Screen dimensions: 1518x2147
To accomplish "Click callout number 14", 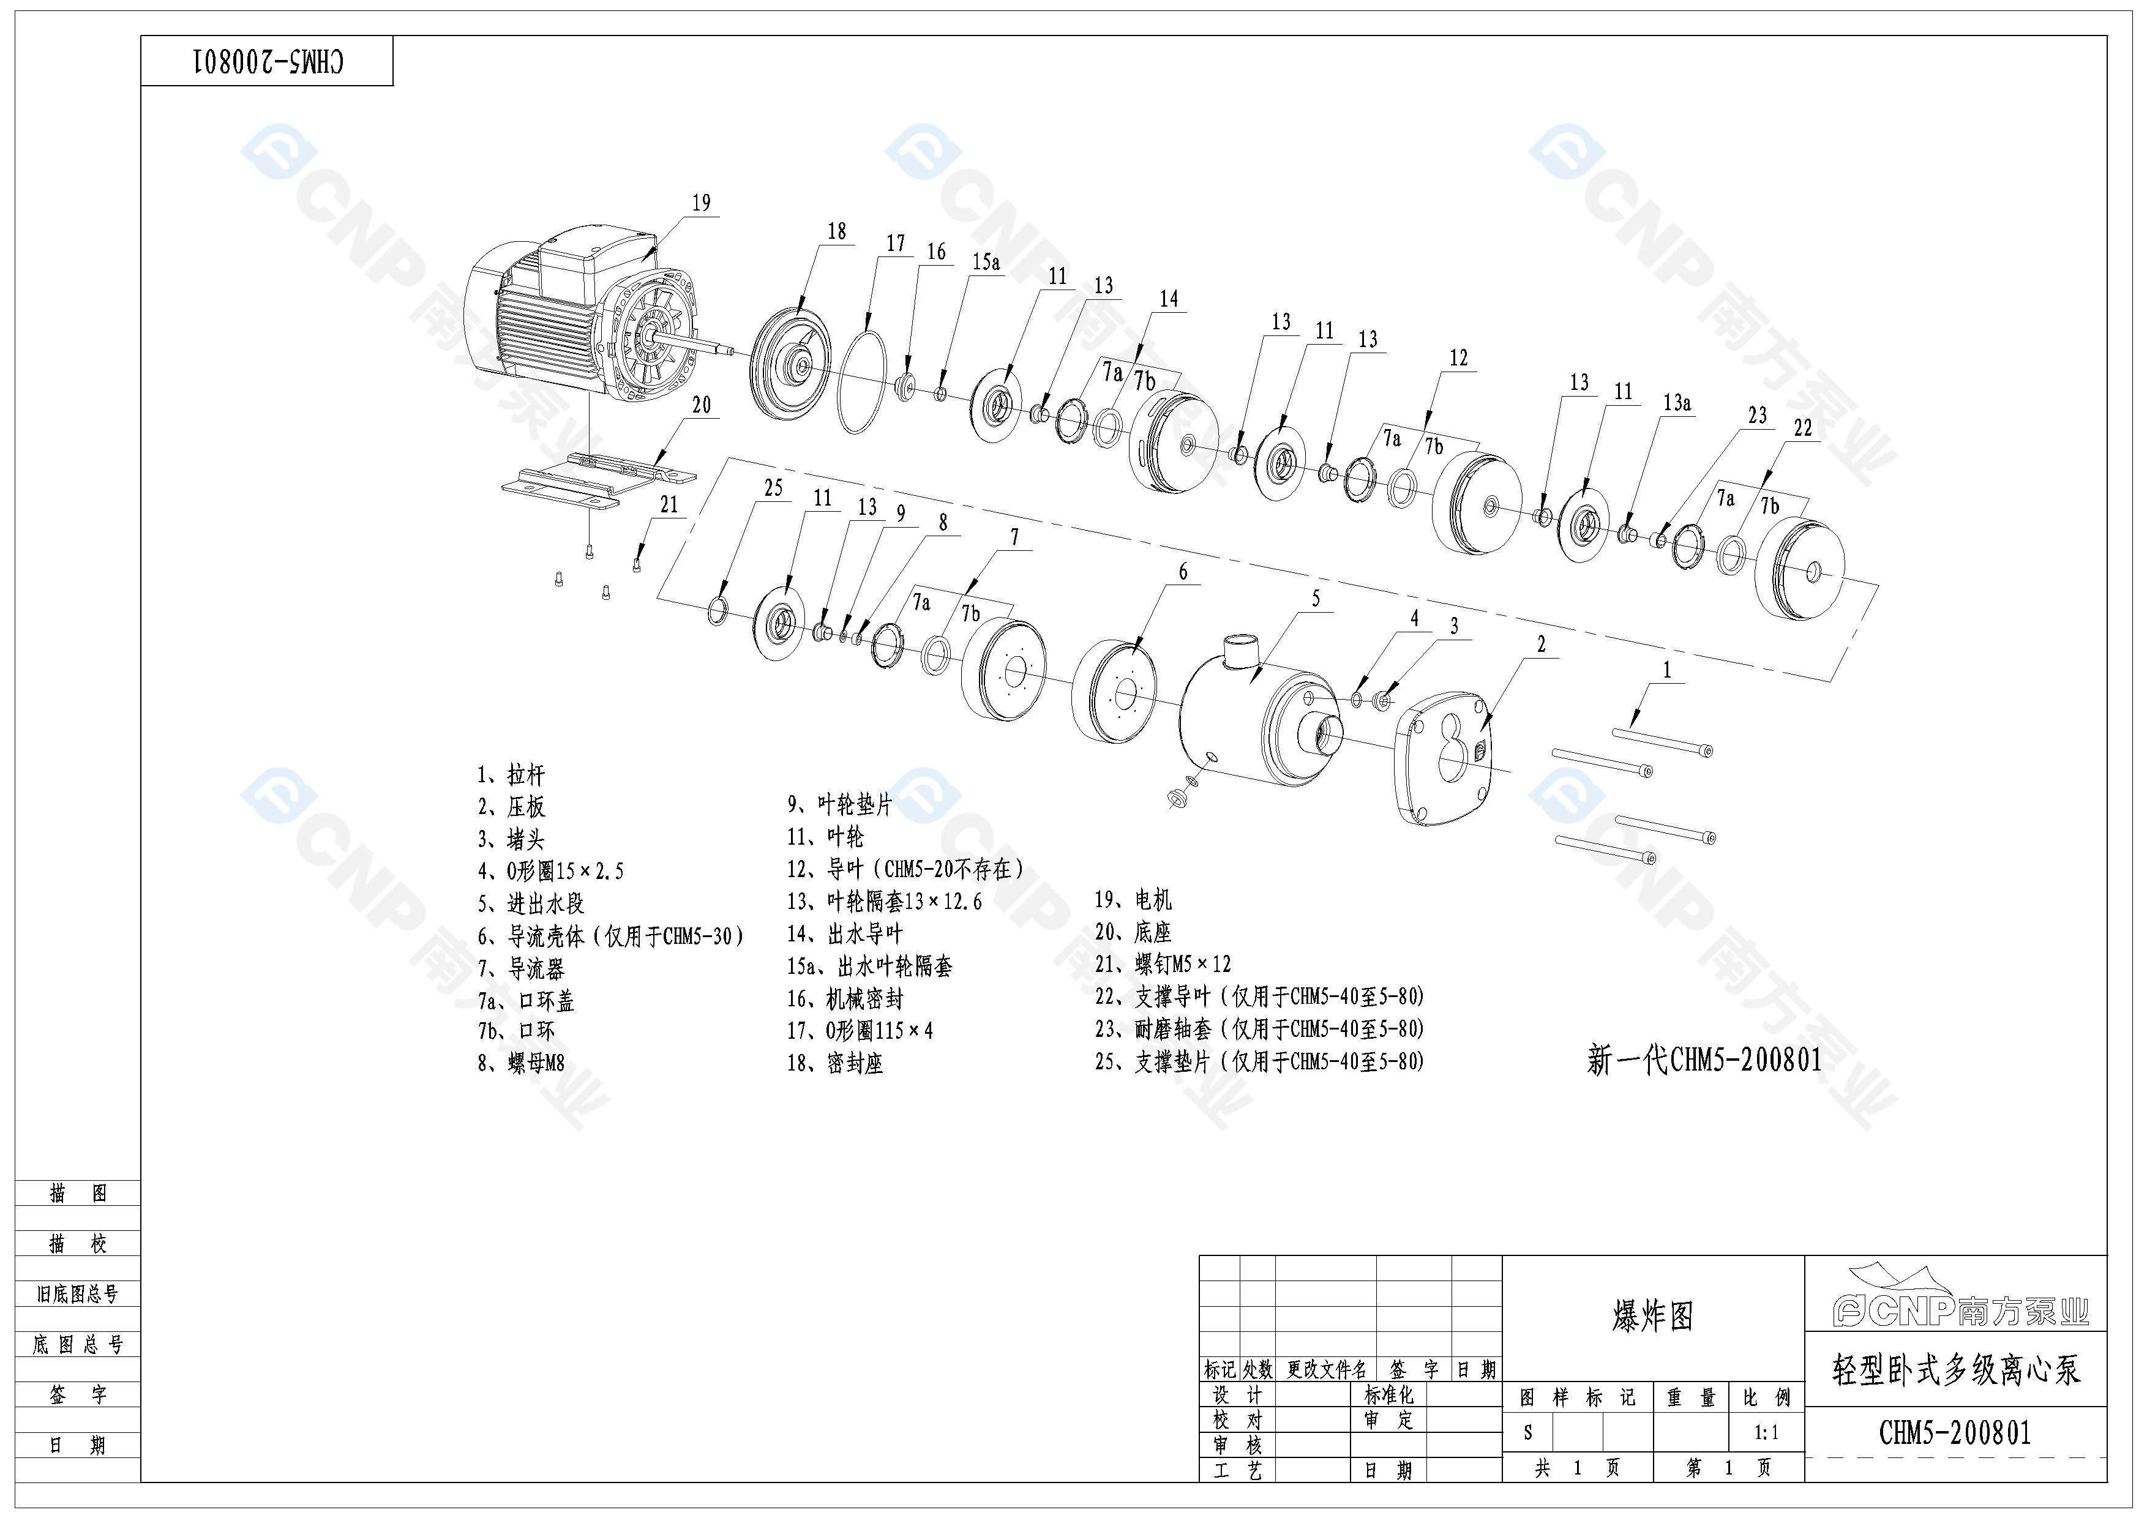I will point(1169,299).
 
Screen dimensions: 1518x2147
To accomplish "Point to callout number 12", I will point(1459,358).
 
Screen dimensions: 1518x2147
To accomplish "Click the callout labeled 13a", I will point(1677,403).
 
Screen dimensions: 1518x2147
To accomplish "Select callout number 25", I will point(773,488).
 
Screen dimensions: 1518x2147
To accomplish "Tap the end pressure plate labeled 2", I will point(1445,757).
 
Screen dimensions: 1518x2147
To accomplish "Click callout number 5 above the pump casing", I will point(1316,599).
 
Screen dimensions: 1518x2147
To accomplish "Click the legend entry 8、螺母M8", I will point(522,1063).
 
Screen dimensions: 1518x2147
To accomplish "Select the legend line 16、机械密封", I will point(845,999).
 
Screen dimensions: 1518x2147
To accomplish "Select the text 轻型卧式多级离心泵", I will point(1956,1370).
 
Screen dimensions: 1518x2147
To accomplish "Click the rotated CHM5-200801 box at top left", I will point(268,62).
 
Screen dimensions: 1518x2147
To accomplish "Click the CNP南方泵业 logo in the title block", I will point(1956,1299).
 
